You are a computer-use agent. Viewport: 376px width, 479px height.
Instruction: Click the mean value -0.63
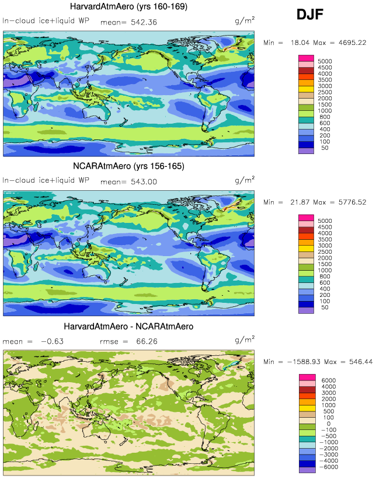pyautogui.click(x=51, y=341)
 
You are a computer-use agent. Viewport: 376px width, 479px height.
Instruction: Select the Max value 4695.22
pyautogui.click(x=350, y=43)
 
